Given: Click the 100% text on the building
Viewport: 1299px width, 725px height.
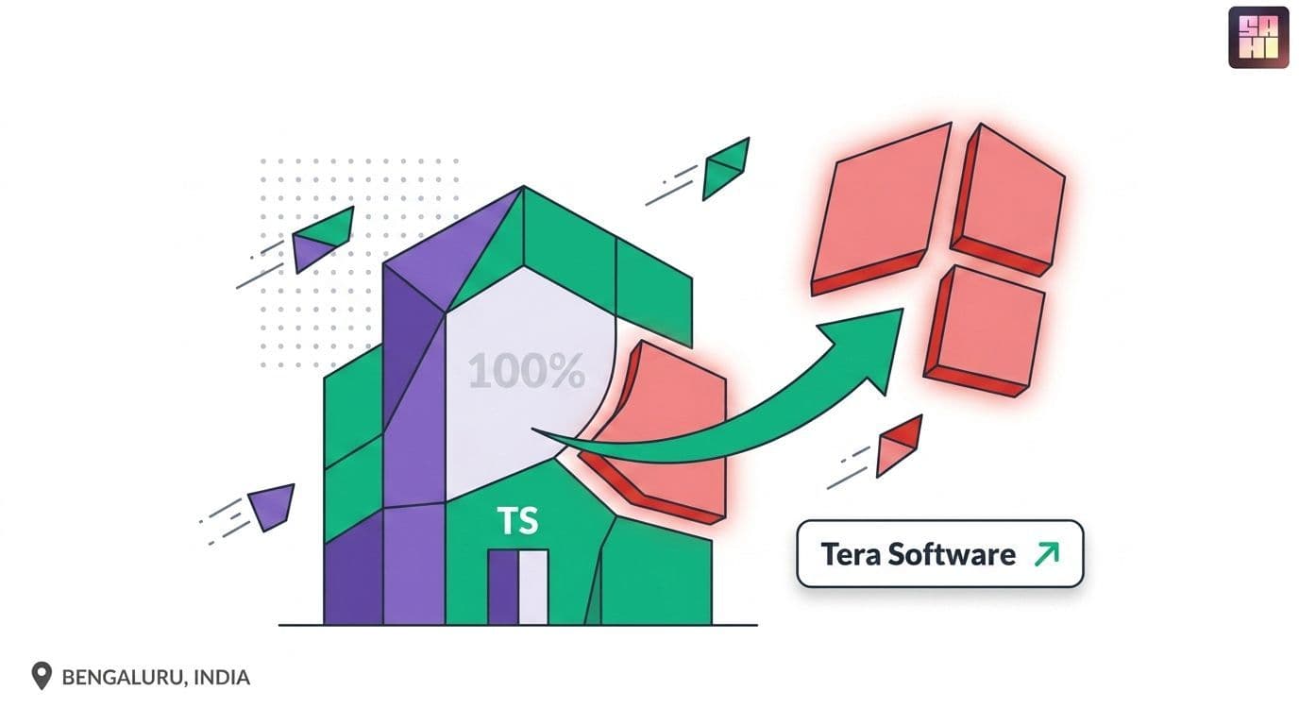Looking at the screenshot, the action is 527,371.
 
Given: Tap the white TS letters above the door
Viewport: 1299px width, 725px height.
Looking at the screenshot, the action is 518,520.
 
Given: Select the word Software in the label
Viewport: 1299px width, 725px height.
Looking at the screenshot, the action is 952,554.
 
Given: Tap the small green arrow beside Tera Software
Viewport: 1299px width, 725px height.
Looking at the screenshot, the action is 1047,553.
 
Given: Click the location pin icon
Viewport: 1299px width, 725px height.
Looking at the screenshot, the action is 42,676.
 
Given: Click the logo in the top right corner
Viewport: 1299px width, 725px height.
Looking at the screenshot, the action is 1258,37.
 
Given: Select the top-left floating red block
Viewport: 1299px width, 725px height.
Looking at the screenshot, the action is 880,209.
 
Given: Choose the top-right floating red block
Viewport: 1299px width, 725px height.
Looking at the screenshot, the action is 1009,200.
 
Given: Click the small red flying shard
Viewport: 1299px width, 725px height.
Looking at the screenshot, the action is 898,446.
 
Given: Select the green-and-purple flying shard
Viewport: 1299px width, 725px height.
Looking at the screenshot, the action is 323,239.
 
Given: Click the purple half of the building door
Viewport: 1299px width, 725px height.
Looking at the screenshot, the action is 503,587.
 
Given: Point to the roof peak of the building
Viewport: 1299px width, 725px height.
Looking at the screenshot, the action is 523,187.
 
